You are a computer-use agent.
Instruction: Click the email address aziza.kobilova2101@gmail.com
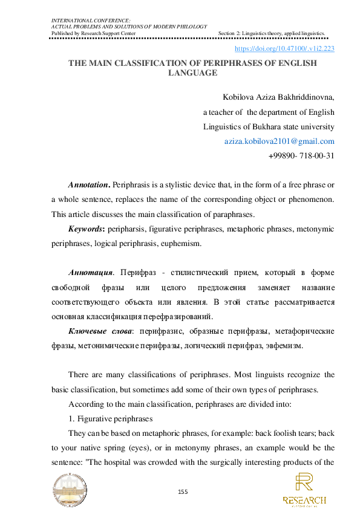(280, 141)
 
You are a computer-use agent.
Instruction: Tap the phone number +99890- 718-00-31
(301, 155)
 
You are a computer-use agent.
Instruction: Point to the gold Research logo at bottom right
(304, 490)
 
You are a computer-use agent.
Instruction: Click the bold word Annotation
(88, 183)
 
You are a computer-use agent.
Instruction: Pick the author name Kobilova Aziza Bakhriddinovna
(278, 97)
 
